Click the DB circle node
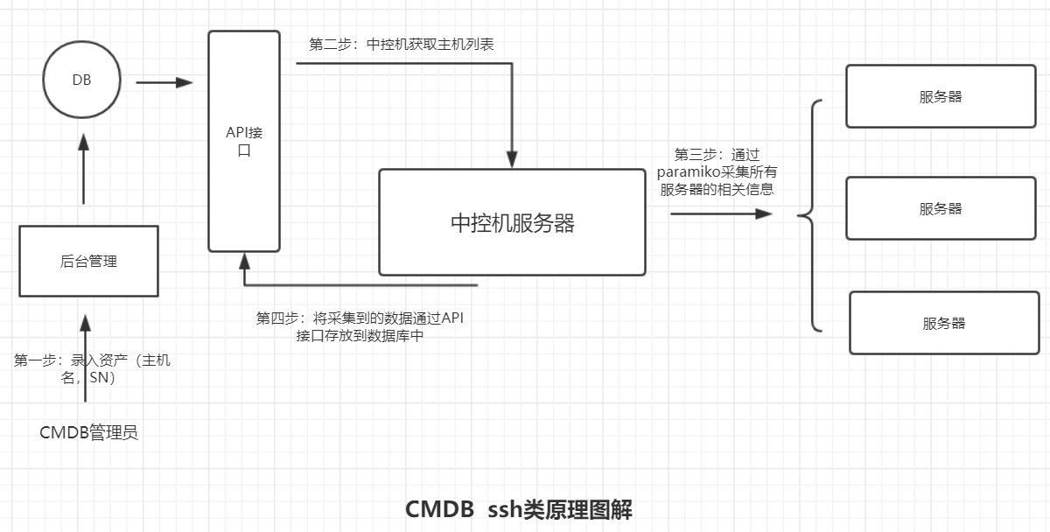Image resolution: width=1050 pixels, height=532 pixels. (81, 80)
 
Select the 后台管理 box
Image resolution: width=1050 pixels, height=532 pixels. (88, 261)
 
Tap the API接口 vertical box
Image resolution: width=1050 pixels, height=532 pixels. (244, 141)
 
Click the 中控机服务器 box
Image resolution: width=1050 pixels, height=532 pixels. (512, 222)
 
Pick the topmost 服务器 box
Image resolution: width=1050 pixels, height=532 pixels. (940, 96)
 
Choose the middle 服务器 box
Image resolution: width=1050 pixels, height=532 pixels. (940, 208)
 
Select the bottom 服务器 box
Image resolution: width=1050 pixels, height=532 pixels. (942, 323)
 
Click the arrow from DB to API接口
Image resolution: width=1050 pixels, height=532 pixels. (164, 82)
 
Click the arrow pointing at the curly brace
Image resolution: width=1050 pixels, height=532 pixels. (722, 213)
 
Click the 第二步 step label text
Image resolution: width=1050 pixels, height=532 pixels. (402, 44)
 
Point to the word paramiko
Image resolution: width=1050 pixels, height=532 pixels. (690, 171)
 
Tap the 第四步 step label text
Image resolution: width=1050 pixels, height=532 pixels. (360, 326)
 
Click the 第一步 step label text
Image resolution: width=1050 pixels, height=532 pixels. (92, 368)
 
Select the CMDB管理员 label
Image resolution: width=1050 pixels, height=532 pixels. (88, 432)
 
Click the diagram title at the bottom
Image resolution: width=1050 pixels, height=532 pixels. (518, 509)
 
